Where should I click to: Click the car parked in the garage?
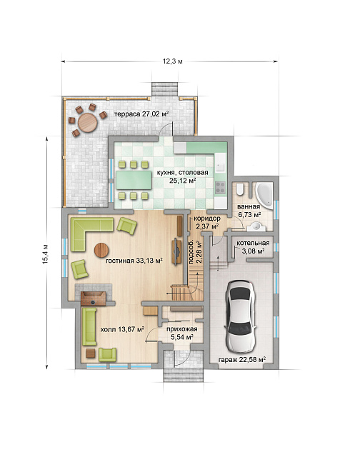pos(241,316)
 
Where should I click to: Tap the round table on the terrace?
pos(87,122)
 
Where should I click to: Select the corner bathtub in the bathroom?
pos(265,195)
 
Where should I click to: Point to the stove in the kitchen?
pos(221,188)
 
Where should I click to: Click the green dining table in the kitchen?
pos(134,181)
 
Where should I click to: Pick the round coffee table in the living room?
pos(101,251)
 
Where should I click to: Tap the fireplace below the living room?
pos(94,298)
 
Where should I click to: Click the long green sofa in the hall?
pos(89,326)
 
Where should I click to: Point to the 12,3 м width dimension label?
pos(173,61)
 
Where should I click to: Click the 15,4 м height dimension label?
pos(45,253)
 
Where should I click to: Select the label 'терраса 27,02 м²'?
pos(141,114)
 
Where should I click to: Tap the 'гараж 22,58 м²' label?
pos(242,359)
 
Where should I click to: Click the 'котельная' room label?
pos(253,243)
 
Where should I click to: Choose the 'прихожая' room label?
pos(182,329)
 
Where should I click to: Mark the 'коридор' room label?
pos(207,219)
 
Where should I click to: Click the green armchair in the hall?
pos(108,355)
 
